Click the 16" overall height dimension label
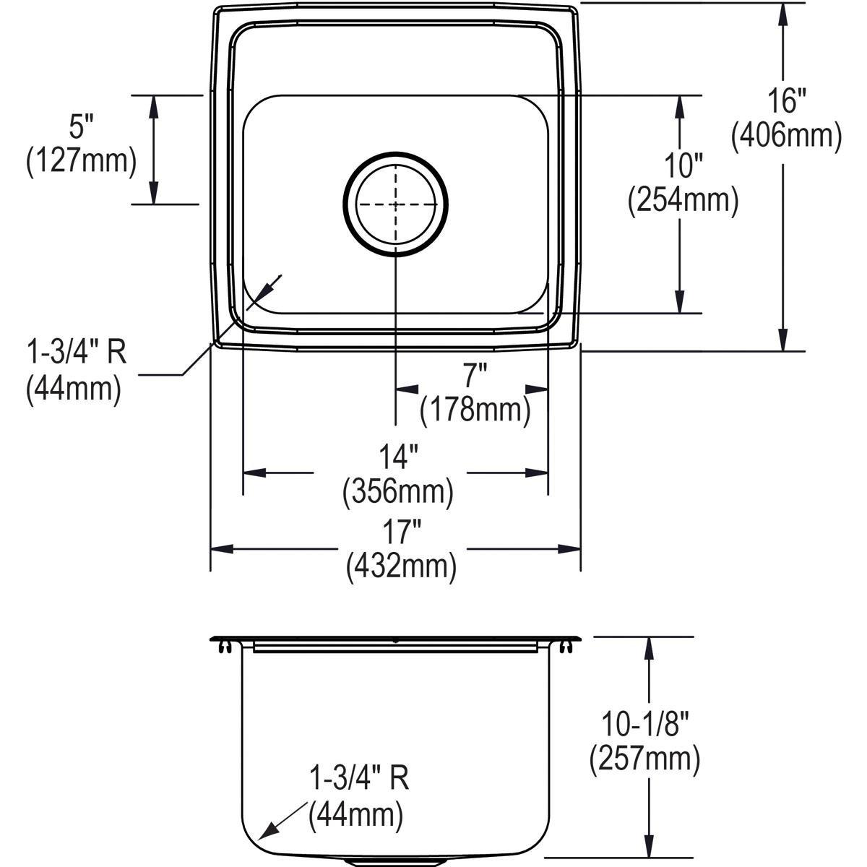click(x=787, y=102)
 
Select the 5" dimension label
click(x=82, y=127)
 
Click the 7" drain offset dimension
click(x=475, y=376)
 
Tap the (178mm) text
click(x=475, y=410)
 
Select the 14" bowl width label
click(x=398, y=458)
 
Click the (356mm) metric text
click(x=398, y=492)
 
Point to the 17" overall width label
click(x=401, y=535)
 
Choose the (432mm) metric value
click(x=401, y=568)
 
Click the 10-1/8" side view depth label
click(x=644, y=723)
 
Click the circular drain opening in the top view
click(x=395, y=204)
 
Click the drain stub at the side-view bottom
click(x=395, y=862)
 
